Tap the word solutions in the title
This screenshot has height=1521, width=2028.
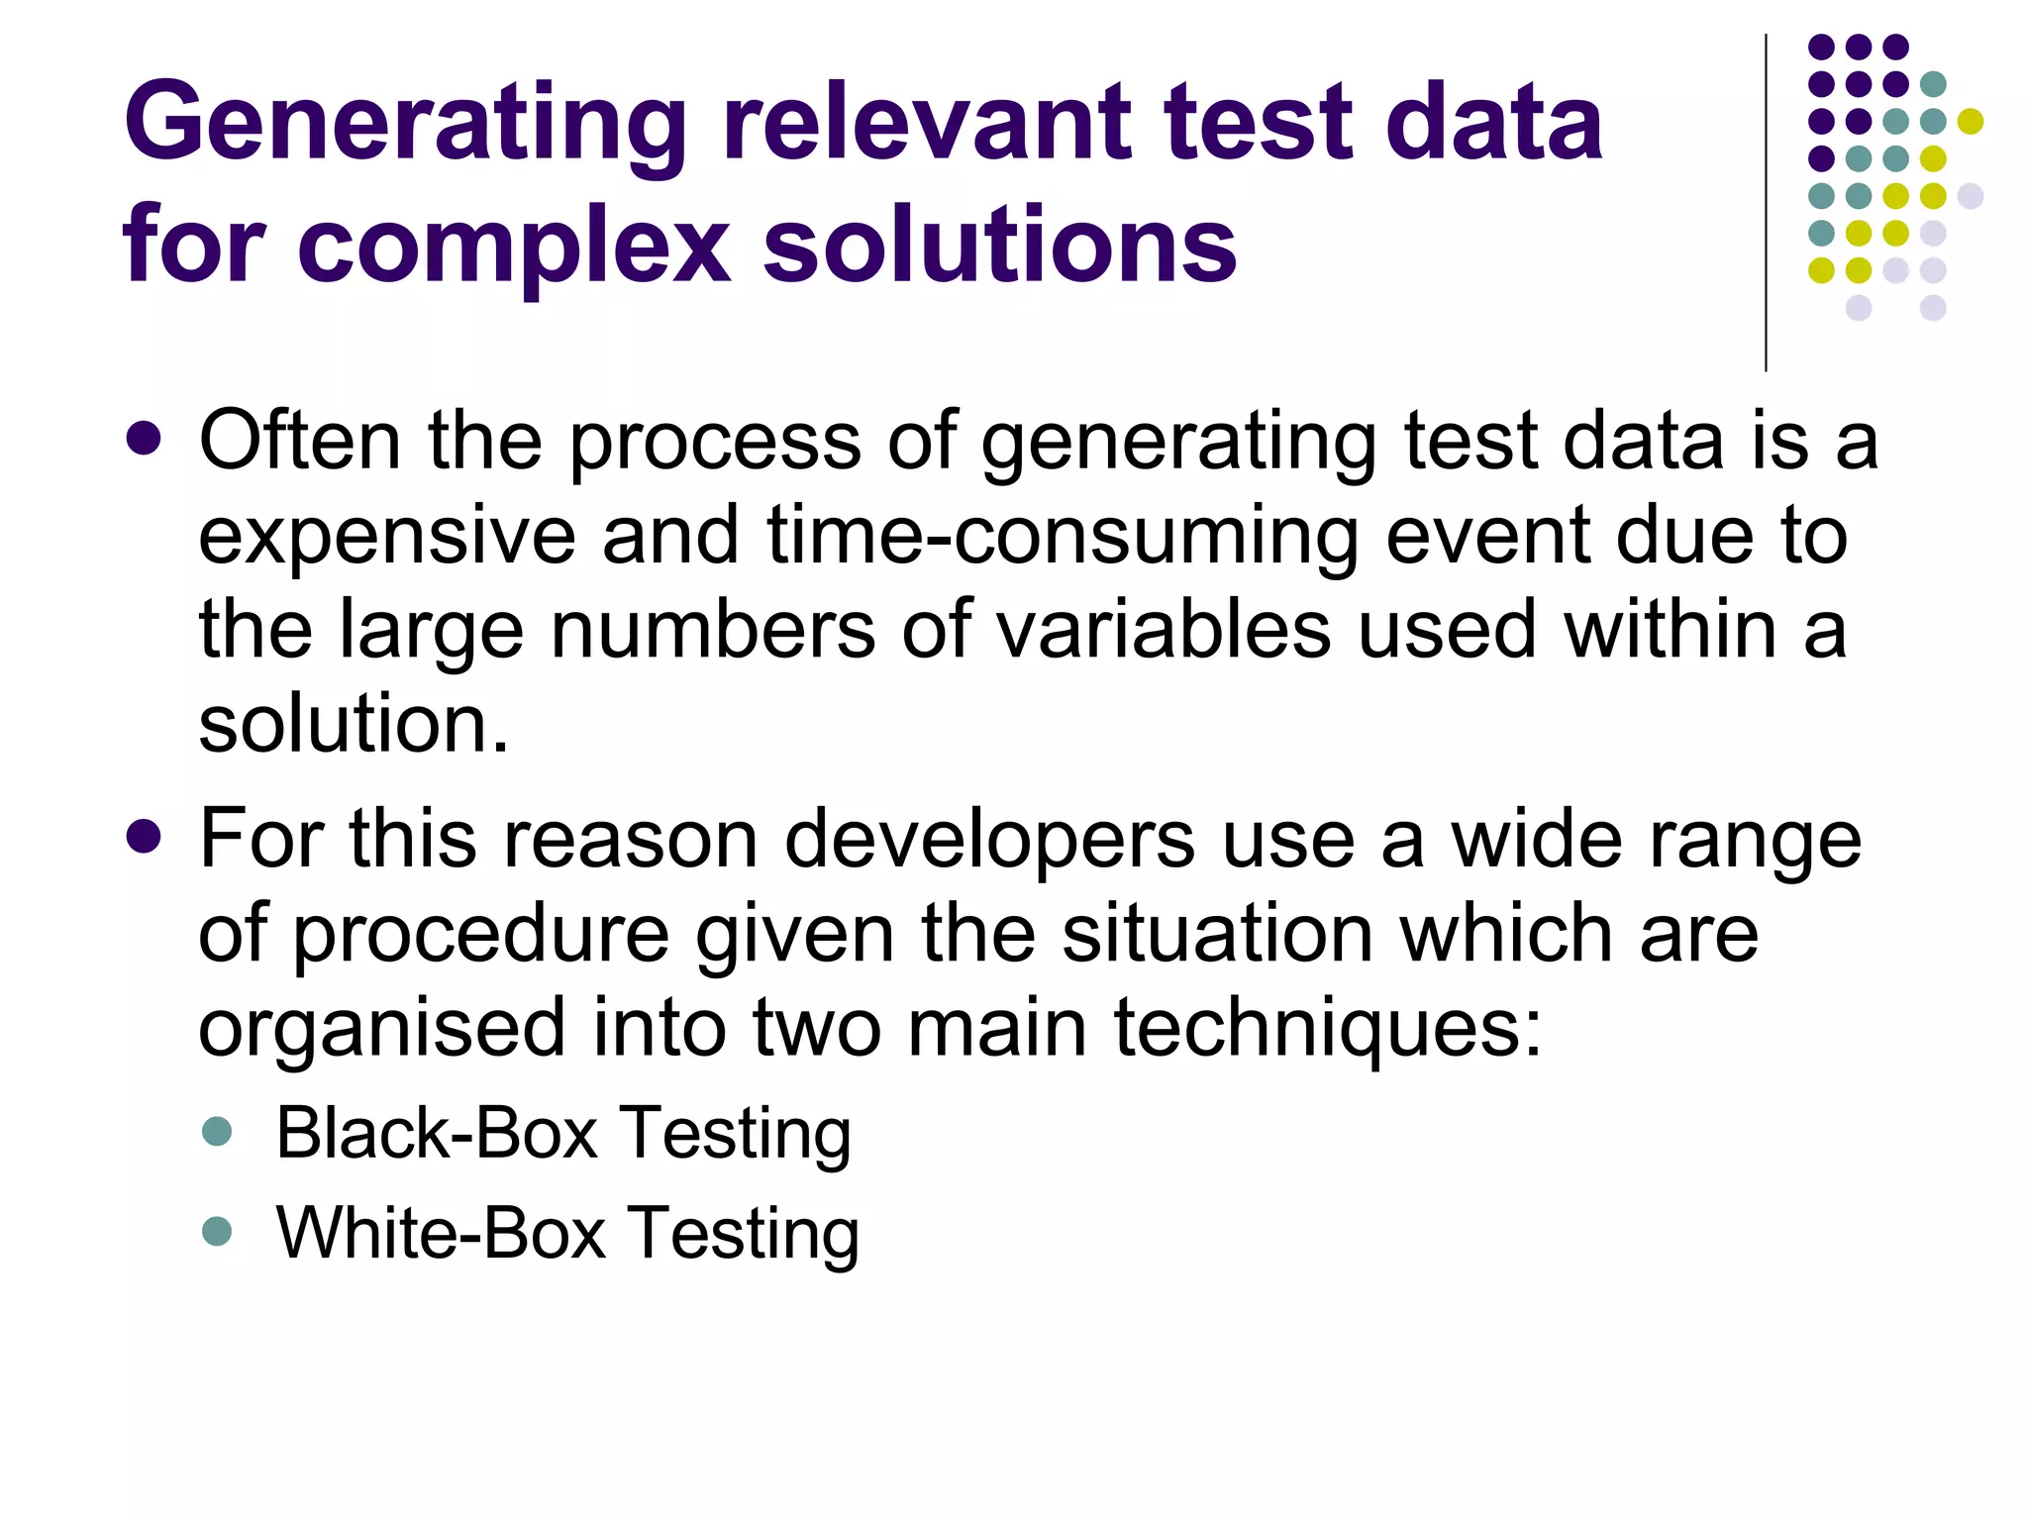(x=1000, y=246)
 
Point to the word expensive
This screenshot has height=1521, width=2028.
(x=386, y=538)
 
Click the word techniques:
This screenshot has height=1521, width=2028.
(x=1328, y=1030)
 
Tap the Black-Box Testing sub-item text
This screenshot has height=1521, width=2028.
(x=562, y=1133)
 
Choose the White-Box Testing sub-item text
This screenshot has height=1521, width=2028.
(x=566, y=1233)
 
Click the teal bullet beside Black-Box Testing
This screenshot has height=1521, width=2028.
(x=216, y=1131)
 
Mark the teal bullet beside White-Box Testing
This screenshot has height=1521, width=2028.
(x=216, y=1231)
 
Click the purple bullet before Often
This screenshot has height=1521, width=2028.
(x=145, y=439)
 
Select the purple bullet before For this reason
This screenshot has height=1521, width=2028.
(x=145, y=837)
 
